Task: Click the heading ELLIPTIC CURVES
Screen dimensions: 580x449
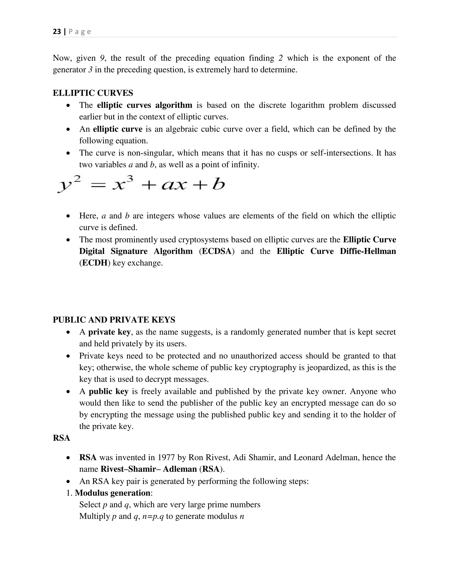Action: pos(93,93)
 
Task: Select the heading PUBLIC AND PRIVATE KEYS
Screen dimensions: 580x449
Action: pos(114,320)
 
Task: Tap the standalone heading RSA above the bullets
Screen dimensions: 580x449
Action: pos(61,438)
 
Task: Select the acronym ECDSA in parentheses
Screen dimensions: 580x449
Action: pos(217,251)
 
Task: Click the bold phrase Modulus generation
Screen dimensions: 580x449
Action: pos(112,493)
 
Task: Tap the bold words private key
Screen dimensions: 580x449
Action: pos(109,332)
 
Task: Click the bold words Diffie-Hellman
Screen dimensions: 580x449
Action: pos(368,251)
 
